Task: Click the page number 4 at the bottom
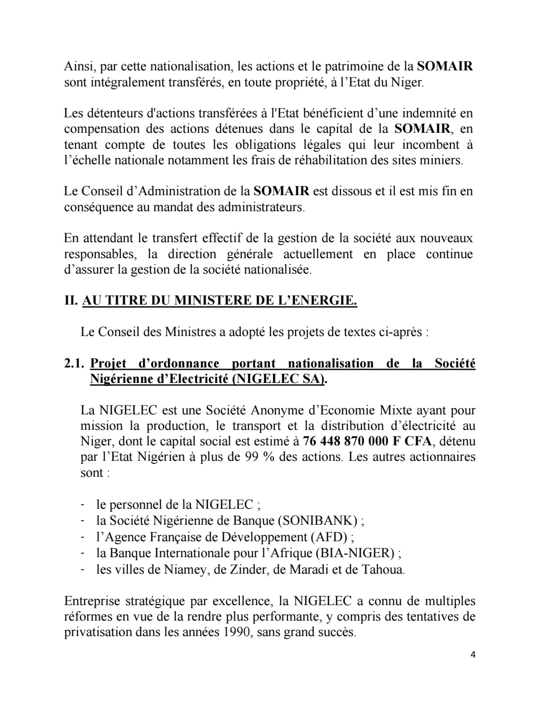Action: tap(472, 655)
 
